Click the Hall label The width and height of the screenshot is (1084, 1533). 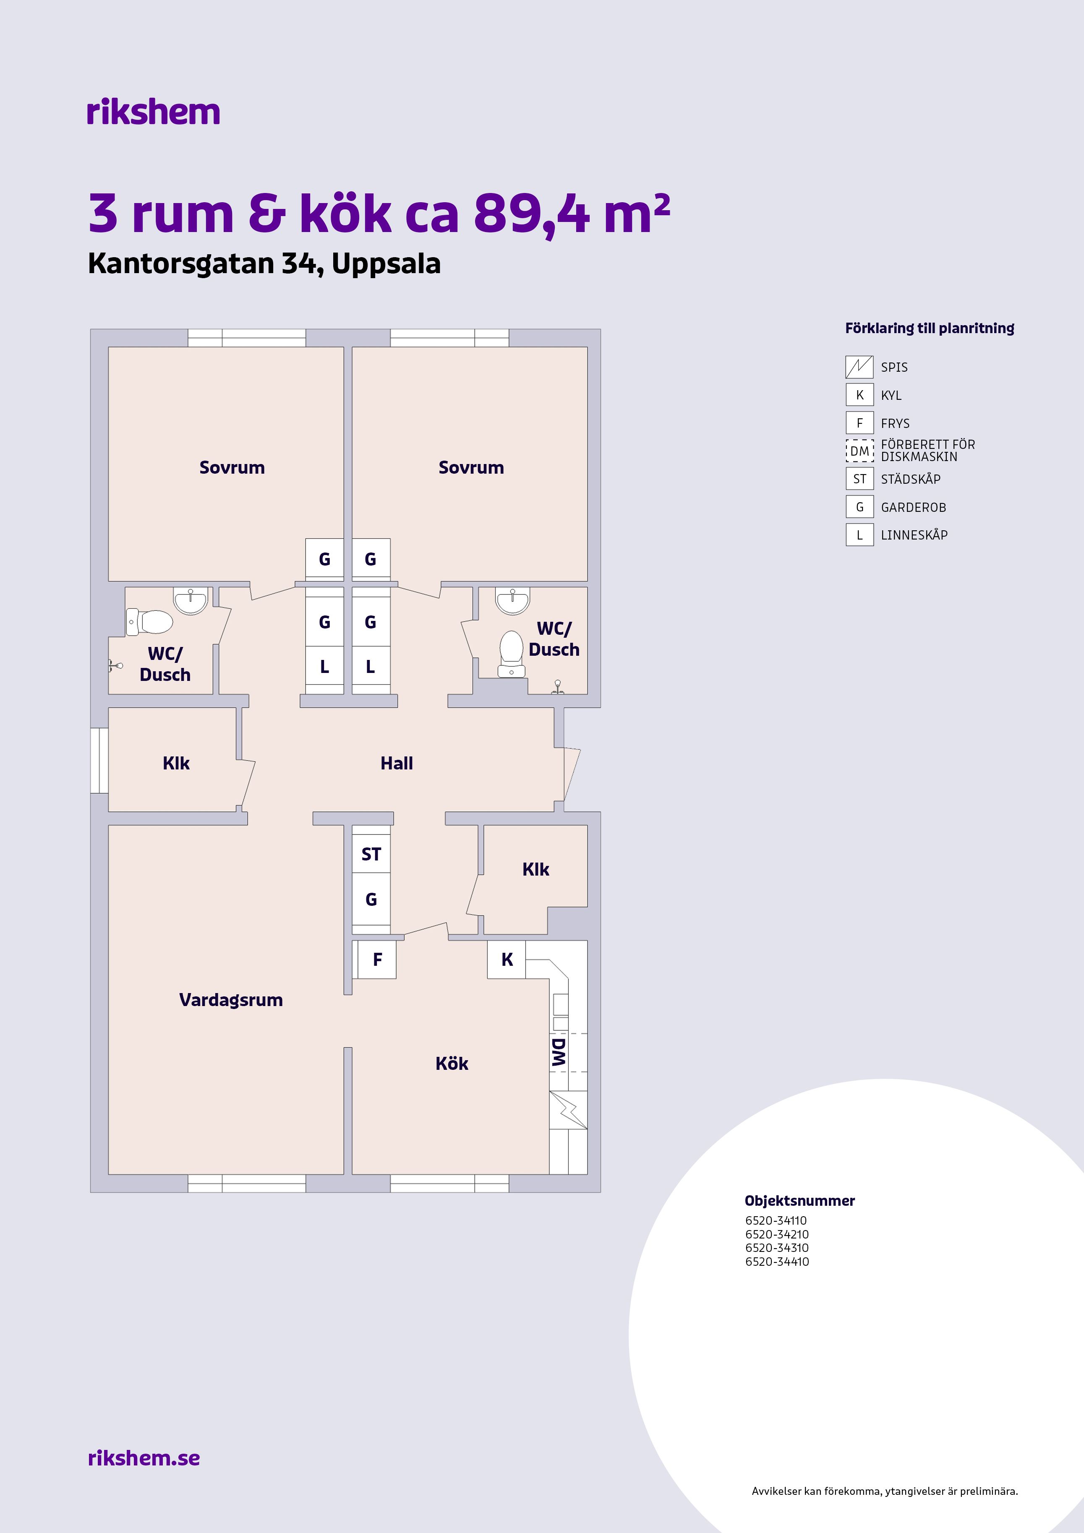[397, 763]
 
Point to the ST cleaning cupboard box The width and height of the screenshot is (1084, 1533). [371, 854]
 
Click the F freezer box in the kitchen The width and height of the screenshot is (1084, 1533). [377, 959]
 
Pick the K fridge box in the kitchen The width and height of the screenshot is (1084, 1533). [507, 959]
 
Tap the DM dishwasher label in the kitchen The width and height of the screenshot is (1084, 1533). [559, 1052]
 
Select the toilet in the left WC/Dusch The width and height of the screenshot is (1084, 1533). [149, 622]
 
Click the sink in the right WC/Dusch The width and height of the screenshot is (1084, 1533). [512, 599]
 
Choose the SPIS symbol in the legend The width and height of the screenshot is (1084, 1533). [859, 367]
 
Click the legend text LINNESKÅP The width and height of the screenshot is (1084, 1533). [914, 535]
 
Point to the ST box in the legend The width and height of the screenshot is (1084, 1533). [859, 479]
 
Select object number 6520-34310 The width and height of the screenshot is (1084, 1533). [777, 1247]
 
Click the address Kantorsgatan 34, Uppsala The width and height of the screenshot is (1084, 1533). [264, 264]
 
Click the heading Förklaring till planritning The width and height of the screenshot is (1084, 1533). [930, 328]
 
